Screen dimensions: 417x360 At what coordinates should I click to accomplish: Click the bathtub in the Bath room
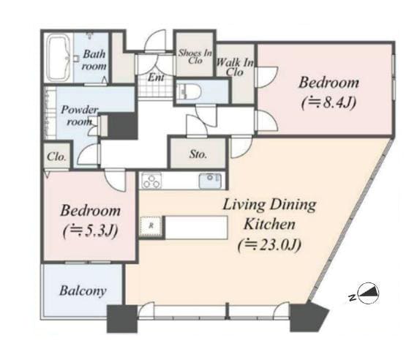pyautogui.click(x=59, y=58)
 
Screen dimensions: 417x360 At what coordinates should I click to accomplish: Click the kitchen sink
pyautogui.click(x=210, y=181)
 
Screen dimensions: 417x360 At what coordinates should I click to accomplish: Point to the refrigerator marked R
pyautogui.click(x=151, y=226)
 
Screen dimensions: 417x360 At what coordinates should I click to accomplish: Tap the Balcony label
pyautogui.click(x=83, y=290)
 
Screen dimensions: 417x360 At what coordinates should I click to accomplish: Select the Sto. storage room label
pyautogui.click(x=198, y=154)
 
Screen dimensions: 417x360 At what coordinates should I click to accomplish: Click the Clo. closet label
pyautogui.click(x=56, y=157)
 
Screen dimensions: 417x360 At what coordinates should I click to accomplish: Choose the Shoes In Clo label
pyautogui.click(x=195, y=56)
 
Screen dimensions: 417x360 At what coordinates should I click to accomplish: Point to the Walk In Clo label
pyautogui.click(x=235, y=67)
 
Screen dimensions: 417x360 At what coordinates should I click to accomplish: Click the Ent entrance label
pyautogui.click(x=156, y=78)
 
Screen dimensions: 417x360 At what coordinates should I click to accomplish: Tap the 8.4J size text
pyautogui.click(x=328, y=102)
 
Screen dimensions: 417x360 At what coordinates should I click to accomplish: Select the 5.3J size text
pyautogui.click(x=91, y=231)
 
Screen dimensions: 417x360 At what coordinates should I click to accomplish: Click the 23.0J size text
pyautogui.click(x=269, y=245)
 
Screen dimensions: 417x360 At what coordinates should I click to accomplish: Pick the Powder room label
pyautogui.click(x=79, y=116)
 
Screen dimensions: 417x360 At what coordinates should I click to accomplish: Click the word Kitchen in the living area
pyautogui.click(x=269, y=224)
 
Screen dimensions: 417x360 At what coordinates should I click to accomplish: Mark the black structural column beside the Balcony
pyautogui.click(x=122, y=319)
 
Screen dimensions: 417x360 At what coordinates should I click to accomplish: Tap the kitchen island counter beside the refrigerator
pyautogui.click(x=196, y=228)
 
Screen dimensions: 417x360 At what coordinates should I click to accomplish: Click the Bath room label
pyautogui.click(x=94, y=60)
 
